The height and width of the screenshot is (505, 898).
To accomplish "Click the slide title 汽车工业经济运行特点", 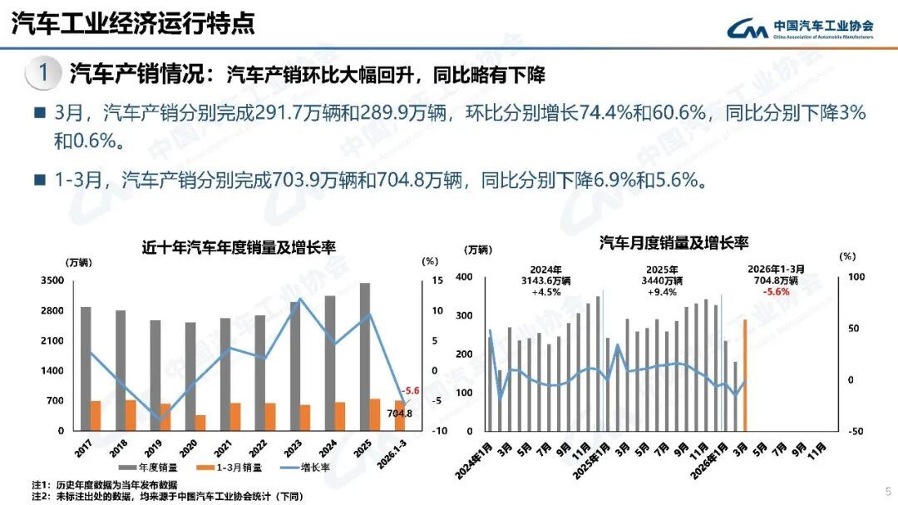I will click(133, 23).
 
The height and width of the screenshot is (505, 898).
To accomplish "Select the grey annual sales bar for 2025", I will click(364, 356).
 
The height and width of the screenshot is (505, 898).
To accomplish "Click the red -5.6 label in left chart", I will click(410, 391).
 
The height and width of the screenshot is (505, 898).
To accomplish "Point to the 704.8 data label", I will click(399, 413).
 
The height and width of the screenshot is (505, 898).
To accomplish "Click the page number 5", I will click(887, 490).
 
